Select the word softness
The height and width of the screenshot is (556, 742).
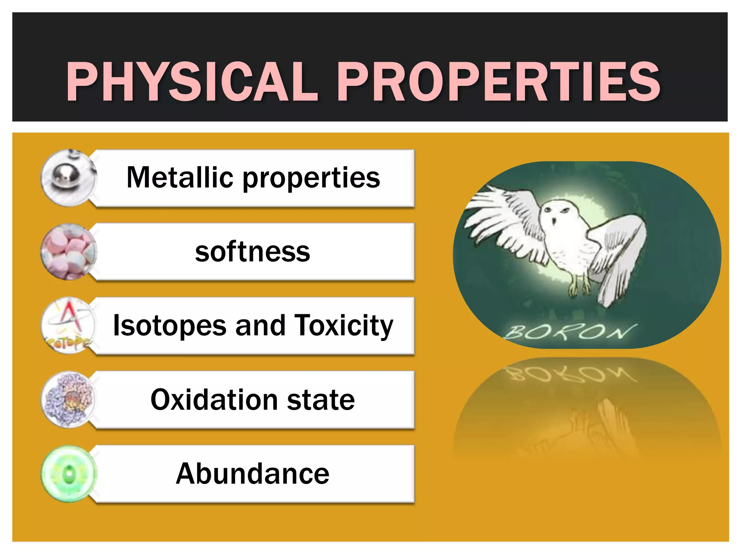(253, 252)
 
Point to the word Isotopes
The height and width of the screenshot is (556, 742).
(170, 325)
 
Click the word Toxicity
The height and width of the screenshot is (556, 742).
(344, 325)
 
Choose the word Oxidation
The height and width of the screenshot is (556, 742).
(214, 400)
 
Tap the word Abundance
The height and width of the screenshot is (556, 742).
(253, 473)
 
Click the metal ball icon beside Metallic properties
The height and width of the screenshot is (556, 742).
(68, 178)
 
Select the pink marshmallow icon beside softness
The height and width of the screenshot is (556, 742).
(68, 252)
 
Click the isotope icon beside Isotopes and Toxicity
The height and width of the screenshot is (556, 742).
(68, 326)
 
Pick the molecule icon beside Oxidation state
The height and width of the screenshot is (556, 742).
(68, 400)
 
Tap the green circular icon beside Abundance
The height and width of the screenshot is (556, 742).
(68, 474)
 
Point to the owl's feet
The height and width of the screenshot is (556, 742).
(580, 288)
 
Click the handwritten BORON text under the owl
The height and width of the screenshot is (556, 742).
(571, 331)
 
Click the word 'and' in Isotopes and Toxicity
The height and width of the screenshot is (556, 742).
(260, 325)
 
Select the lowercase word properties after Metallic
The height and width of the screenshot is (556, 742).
(311, 178)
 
